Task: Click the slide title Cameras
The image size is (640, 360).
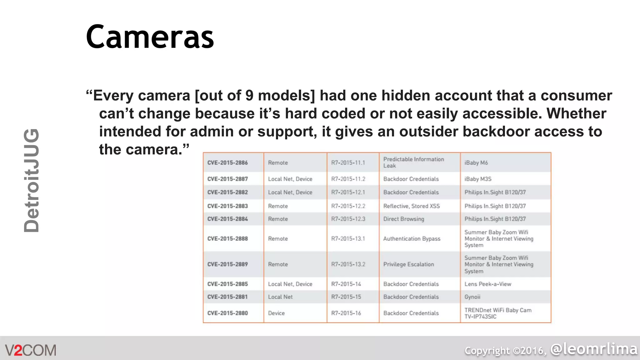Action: pos(150,37)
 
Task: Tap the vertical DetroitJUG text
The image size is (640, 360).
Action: pos(32,180)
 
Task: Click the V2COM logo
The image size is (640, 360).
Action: pos(31,350)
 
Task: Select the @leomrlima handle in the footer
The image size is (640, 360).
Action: pos(594,349)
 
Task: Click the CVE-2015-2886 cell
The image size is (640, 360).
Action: pos(227,163)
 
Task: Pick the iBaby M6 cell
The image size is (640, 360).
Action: pos(476,163)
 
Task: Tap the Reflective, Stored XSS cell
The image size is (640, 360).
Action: pos(411,206)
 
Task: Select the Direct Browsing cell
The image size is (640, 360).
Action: pos(403,219)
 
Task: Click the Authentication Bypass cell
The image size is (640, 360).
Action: pos(412,239)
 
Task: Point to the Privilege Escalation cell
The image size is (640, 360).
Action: pos(408,264)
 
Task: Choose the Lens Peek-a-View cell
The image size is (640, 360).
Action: pos(487,284)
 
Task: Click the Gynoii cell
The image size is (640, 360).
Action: pos(472,297)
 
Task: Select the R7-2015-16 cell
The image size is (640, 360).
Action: pos(346,313)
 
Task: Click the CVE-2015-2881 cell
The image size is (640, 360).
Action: pos(227,297)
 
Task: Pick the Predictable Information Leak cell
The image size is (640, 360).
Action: pos(413,162)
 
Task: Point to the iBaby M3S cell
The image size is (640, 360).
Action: pos(478,179)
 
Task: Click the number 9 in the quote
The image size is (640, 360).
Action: pos(249,96)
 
